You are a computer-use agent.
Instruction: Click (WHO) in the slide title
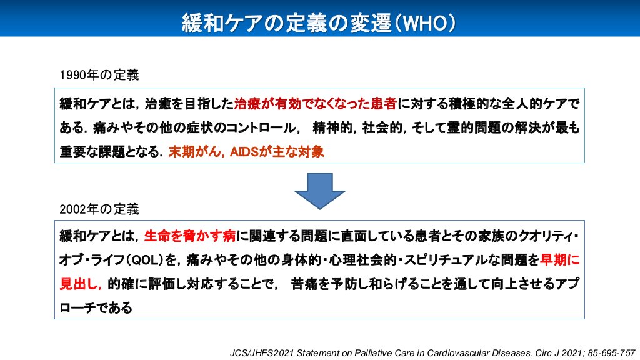coord(424,23)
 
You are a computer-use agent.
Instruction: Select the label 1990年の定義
coord(99,75)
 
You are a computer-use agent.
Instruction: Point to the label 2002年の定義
coord(99,209)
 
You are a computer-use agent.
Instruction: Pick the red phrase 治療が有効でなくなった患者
coord(316,104)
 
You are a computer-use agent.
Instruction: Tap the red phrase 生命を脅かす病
coord(190,236)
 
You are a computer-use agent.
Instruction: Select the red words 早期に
coord(560,259)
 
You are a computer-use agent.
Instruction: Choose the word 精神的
coord(332,127)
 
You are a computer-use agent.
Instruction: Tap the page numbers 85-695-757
coord(611,353)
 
